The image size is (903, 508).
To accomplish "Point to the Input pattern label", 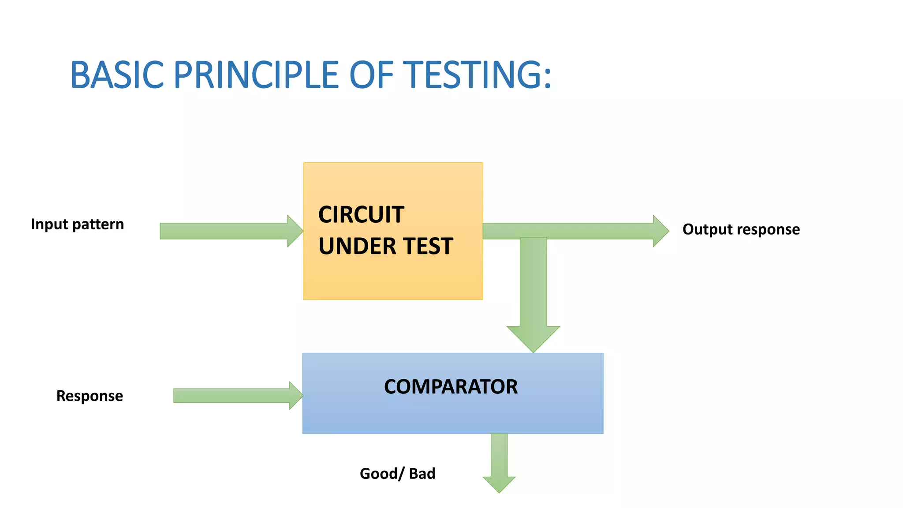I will point(77,224).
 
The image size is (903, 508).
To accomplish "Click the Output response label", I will point(741,229).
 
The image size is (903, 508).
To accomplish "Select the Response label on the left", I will point(90,396).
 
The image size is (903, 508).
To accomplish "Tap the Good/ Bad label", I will point(397,474).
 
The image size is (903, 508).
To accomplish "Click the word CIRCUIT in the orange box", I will point(361,215).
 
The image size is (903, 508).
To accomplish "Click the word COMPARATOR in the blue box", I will point(451,387).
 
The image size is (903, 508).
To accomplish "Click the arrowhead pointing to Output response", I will point(660,231).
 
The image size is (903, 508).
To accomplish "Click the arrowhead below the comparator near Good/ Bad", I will point(499,484).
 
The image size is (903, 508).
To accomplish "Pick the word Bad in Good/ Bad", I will point(422,474).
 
